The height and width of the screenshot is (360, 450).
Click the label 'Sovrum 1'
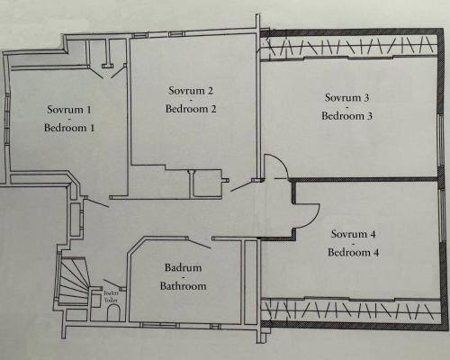pyautogui.click(x=69, y=110)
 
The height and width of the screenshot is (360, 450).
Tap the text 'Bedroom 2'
pyautogui.click(x=191, y=109)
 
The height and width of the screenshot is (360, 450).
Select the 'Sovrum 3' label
pyautogui.click(x=346, y=97)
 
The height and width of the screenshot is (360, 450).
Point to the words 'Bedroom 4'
pyautogui.click(x=353, y=252)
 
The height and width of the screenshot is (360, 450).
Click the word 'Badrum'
pyautogui.click(x=183, y=267)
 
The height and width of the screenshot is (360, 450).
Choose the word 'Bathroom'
pyautogui.click(x=183, y=285)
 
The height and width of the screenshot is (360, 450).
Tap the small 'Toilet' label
pyautogui.click(x=111, y=300)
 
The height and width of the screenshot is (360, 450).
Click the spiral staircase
pyautogui.click(x=74, y=281)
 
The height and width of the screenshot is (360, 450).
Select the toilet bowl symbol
pyautogui.click(x=113, y=313)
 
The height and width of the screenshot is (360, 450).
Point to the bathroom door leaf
pyautogui.click(x=199, y=243)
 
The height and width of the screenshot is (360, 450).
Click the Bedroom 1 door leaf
pyautogui.click(x=97, y=202)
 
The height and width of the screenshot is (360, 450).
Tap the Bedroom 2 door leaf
pyautogui.click(x=242, y=186)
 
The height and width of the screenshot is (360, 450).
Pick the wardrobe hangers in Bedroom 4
pyautogui.click(x=349, y=310)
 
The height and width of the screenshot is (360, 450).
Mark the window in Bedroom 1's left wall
pyautogui.click(x=7, y=120)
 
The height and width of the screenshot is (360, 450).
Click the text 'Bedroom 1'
pyautogui.click(x=69, y=128)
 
